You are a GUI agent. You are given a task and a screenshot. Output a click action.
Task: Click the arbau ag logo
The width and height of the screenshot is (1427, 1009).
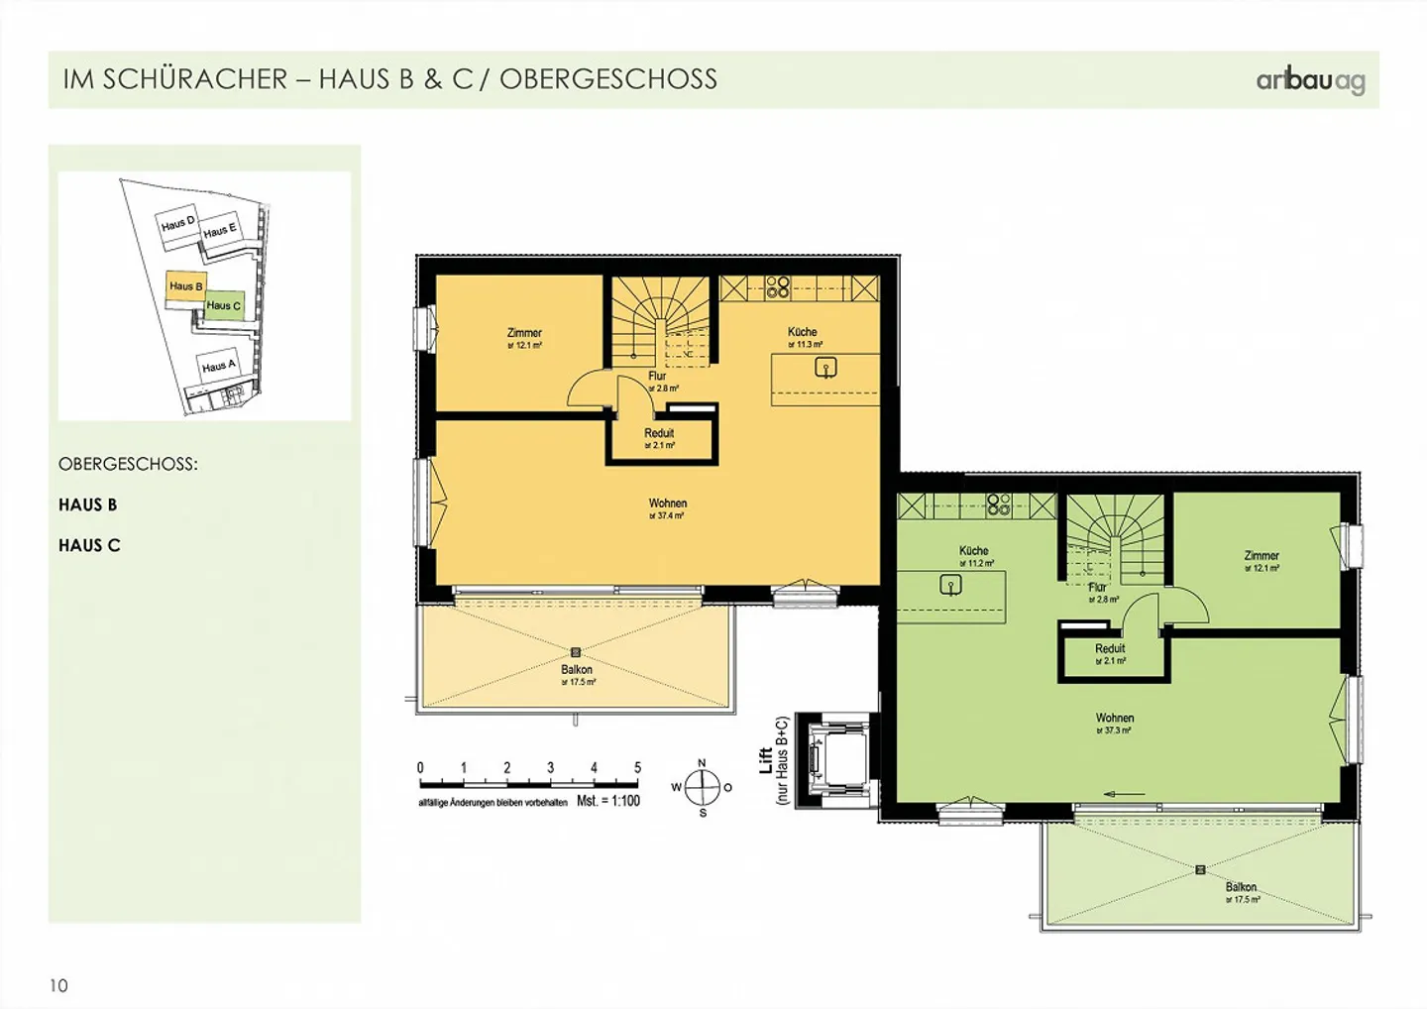tap(1310, 80)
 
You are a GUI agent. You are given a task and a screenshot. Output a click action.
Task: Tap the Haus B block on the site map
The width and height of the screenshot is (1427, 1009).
tap(185, 287)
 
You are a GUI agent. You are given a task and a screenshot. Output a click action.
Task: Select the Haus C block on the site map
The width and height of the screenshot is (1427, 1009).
tap(224, 305)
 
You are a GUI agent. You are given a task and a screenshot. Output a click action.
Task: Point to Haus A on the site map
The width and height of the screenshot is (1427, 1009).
tap(219, 366)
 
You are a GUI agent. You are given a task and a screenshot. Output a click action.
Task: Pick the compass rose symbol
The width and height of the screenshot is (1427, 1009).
tap(703, 788)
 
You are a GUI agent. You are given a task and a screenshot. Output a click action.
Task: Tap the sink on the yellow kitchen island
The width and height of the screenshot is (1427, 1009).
tap(825, 368)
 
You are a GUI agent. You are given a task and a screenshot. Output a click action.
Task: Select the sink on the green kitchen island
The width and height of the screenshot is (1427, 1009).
tap(950, 586)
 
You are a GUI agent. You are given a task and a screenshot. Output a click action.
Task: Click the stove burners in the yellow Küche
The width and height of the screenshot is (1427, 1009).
tap(778, 287)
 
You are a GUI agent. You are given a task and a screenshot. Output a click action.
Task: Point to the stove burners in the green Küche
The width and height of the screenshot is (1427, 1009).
tap(999, 505)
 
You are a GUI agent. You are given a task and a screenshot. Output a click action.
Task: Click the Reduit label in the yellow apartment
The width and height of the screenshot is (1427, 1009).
tap(659, 433)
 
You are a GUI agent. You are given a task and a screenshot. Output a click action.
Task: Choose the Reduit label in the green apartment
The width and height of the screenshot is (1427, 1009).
tap(1110, 649)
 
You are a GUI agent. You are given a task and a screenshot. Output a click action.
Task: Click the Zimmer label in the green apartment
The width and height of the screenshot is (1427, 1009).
tap(1262, 556)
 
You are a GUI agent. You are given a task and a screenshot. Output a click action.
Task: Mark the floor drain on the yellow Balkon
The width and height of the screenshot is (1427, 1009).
tap(576, 652)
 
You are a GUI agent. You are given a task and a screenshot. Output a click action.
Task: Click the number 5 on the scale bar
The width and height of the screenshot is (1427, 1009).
tap(637, 767)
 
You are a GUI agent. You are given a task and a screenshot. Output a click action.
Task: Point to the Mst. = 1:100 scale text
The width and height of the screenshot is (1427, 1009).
tap(608, 801)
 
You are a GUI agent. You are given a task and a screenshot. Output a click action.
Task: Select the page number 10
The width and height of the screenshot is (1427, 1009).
tap(58, 985)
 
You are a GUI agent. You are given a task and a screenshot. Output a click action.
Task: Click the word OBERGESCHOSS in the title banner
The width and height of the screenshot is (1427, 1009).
tap(608, 79)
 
